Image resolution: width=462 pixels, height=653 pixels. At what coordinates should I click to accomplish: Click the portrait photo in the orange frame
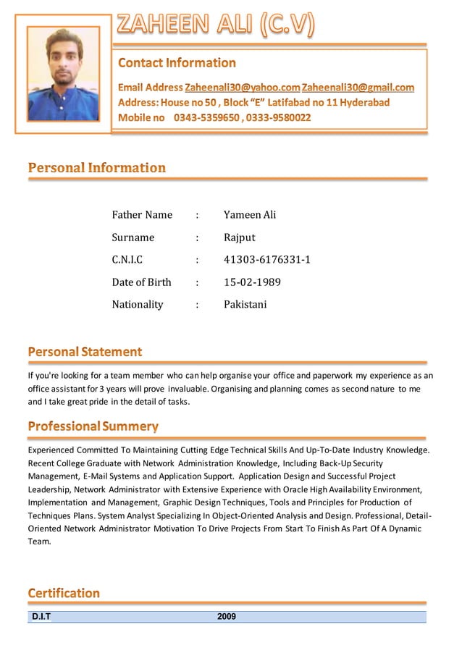click(x=63, y=75)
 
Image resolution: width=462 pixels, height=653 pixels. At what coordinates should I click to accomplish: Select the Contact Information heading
click(x=177, y=63)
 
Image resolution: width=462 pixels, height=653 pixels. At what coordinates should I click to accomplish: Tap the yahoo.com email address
click(x=242, y=88)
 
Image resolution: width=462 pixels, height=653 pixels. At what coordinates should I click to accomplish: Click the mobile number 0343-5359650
click(x=206, y=117)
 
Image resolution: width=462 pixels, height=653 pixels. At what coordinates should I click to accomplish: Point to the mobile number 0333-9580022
click(x=278, y=117)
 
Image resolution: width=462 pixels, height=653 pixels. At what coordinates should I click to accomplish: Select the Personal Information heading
click(x=97, y=168)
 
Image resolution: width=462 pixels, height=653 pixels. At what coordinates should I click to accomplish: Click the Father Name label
click(x=142, y=215)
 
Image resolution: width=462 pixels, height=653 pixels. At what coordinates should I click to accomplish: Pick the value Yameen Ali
click(x=250, y=215)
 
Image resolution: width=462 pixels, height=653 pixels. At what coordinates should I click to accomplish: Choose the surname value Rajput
click(x=239, y=237)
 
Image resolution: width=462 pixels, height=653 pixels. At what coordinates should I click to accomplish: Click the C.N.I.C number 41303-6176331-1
click(x=266, y=260)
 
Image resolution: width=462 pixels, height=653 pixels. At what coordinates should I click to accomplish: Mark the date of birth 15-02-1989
click(x=252, y=282)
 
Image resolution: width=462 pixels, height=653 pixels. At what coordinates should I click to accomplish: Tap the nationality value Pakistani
click(x=245, y=305)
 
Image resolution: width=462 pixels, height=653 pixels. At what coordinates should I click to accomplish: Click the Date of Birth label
click(x=141, y=282)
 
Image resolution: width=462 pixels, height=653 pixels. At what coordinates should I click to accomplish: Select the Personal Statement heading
click(x=85, y=352)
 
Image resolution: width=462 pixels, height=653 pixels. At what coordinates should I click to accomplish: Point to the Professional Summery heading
click(x=93, y=426)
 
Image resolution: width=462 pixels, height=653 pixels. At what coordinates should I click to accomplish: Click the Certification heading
click(x=64, y=594)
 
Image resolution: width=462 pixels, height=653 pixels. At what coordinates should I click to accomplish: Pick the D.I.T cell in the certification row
click(x=41, y=617)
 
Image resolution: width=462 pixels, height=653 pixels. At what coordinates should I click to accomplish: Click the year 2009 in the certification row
click(x=227, y=617)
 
